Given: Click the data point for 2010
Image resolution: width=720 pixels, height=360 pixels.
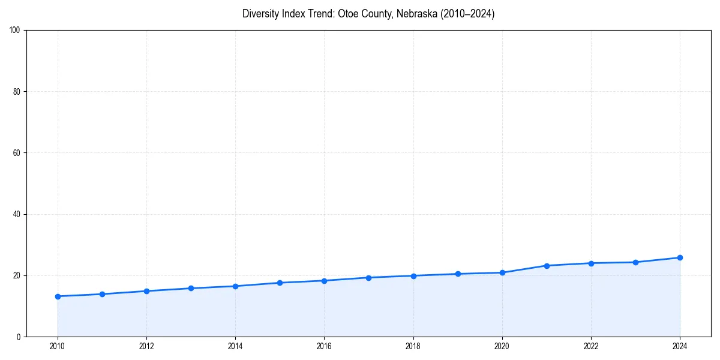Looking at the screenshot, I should coord(58,296).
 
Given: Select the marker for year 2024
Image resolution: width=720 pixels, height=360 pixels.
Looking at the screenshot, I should coord(680,257).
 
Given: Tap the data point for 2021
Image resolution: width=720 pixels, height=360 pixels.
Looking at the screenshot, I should coord(547,265).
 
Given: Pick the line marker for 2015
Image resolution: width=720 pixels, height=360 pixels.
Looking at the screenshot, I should coord(280,283).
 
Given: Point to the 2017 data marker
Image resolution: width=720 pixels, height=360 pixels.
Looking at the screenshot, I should coord(369,278).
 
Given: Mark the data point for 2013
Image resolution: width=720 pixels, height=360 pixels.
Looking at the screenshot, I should coord(191,288).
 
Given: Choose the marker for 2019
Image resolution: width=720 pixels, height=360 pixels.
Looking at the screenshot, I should coord(458,274).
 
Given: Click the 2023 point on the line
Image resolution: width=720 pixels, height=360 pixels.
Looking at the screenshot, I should coord(635,262).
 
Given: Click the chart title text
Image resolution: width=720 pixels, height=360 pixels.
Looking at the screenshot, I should coord(368,14).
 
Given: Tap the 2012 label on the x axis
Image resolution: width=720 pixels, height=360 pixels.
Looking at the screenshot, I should coord(146,346).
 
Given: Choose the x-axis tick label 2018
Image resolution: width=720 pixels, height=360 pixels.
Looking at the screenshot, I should coord(413,346).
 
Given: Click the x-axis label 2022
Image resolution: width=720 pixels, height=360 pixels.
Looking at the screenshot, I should coord(591,346).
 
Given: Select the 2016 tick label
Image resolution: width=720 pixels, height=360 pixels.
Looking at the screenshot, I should coord(325,346).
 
